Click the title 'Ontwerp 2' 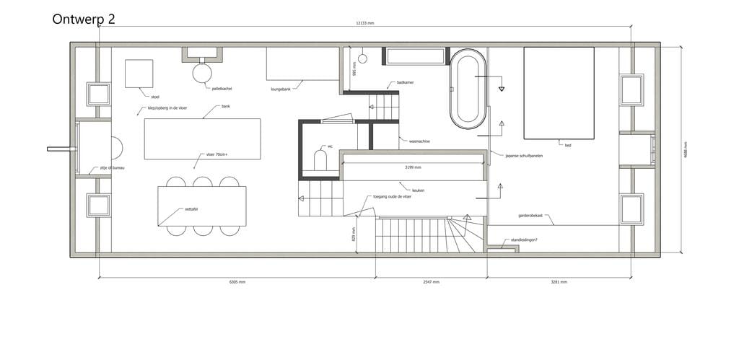pyautogui.click(x=84, y=19)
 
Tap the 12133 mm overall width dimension pyautogui.click(x=365, y=23)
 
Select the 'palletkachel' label pyautogui.click(x=222, y=89)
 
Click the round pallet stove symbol pyautogui.click(x=202, y=72)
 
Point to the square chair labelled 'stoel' pyautogui.click(x=139, y=74)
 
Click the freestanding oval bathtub pyautogui.click(x=468, y=89)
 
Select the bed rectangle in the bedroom pyautogui.click(x=559, y=92)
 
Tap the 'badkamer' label pyautogui.click(x=405, y=83)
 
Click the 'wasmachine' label pyautogui.click(x=419, y=141)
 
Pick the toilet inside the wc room pyautogui.click(x=320, y=160)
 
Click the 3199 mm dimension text pyautogui.click(x=413, y=167)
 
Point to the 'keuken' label pyautogui.click(x=418, y=190)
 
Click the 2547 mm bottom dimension pyautogui.click(x=432, y=282)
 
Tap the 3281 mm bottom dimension pyautogui.click(x=559, y=282)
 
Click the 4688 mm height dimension pyautogui.click(x=685, y=151)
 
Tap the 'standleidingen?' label pyautogui.click(x=525, y=240)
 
